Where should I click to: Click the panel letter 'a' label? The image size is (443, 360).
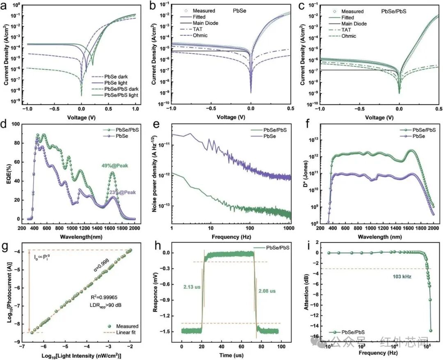point(4,6)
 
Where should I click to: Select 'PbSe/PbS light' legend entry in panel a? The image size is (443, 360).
point(115,95)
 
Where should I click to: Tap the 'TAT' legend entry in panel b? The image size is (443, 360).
point(191,29)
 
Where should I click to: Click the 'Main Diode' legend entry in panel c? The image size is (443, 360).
point(348,24)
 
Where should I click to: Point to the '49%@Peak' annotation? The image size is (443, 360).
point(115,166)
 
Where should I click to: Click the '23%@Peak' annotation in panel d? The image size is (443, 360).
point(123,192)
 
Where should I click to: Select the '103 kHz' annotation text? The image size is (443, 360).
point(402,277)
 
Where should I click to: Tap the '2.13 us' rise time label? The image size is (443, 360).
point(192,287)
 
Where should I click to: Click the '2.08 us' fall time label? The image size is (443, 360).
point(267,291)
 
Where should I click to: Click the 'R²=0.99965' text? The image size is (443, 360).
point(104,297)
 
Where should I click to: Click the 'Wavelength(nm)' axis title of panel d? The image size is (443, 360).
point(81,237)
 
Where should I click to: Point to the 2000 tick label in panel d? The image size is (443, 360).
point(135,229)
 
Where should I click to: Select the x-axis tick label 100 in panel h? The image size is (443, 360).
point(281,346)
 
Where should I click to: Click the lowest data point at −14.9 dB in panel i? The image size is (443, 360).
point(431,330)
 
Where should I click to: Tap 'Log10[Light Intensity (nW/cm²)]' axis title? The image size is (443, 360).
point(81,356)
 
